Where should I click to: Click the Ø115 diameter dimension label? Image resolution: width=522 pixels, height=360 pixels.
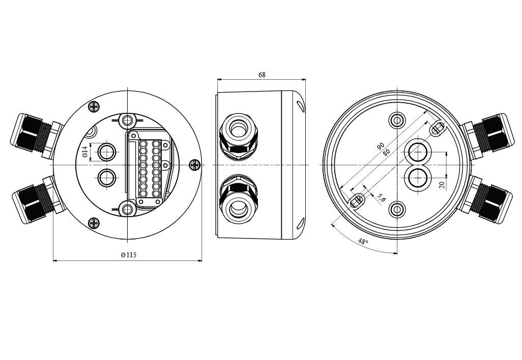[129, 255]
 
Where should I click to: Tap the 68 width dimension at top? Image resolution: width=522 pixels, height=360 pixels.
[262, 75]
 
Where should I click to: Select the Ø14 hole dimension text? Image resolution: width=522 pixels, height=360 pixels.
[85, 152]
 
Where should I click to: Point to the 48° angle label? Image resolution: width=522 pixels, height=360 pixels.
[363, 241]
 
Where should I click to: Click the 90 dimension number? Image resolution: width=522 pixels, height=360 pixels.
[381, 146]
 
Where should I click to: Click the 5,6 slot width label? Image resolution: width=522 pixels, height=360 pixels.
[381, 198]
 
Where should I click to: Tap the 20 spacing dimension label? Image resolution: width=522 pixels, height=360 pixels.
[442, 185]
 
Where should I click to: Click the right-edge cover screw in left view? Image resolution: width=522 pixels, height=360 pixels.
[194, 164]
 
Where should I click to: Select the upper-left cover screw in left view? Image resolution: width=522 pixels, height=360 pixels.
[94, 106]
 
